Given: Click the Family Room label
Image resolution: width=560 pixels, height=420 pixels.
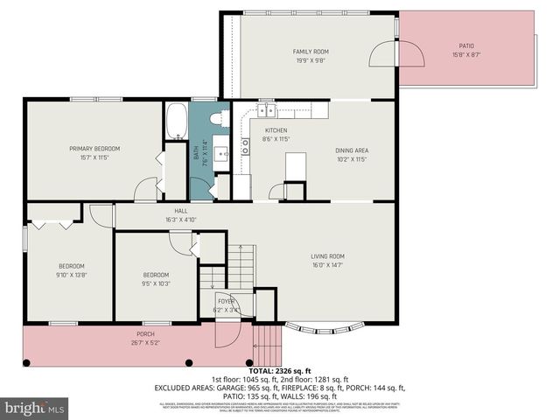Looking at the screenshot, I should pos(310,52).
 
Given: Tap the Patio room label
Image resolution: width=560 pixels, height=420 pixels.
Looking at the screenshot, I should pos(466,45).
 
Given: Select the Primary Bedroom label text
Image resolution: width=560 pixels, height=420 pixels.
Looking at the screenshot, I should pos(94,149).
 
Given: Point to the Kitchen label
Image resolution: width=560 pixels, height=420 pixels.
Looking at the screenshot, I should pos(276,130).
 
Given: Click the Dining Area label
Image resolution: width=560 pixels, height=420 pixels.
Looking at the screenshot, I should pos(351,150).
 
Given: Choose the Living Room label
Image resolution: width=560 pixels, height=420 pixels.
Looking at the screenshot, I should pos(328,256).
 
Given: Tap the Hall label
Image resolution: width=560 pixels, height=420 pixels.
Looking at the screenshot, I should pos(181,211).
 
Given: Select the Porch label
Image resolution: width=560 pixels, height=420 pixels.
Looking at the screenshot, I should pos(145,334).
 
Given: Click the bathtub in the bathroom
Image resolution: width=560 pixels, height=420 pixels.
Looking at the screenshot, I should pos(176,121).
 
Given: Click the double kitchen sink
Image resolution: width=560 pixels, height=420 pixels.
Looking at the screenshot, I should pos(266,110).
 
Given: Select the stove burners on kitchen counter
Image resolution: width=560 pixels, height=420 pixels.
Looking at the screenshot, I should pos(245,146).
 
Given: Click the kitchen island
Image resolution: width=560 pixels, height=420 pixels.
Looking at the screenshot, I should pos(296,165).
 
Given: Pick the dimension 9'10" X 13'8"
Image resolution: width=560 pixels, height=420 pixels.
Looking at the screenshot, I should pos(72,275).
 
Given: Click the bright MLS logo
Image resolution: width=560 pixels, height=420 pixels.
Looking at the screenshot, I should pos(35,408).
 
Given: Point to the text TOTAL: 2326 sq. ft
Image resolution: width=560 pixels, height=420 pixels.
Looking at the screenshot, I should pos(279,372).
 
